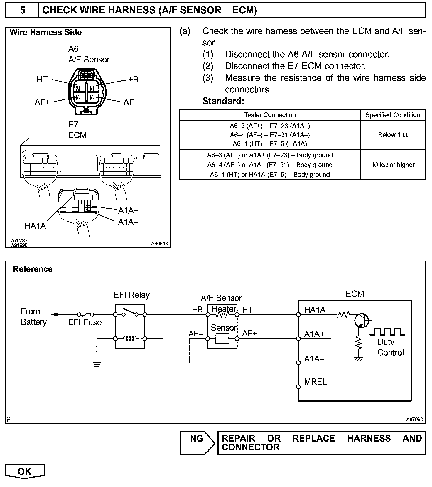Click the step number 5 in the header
point(22,10)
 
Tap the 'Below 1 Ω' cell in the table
point(393,135)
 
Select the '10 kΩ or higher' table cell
point(393,165)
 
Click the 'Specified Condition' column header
point(393,115)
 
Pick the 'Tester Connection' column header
point(270,115)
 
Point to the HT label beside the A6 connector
point(42,79)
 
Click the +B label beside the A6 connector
point(133,79)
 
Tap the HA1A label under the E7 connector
point(35,226)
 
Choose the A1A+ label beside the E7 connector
point(128,210)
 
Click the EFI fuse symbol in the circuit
point(85,314)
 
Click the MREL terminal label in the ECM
point(315,382)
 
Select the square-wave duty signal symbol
point(387,332)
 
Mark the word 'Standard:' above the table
point(223,101)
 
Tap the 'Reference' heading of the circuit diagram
point(33,269)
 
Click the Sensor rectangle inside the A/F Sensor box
point(222,339)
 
